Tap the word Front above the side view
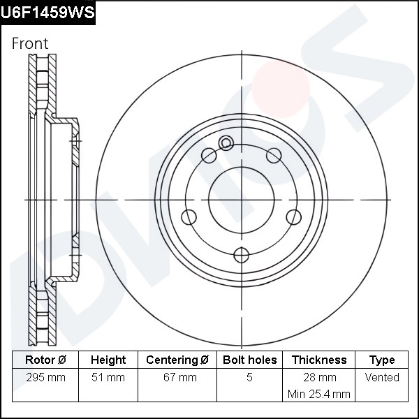click(30, 43)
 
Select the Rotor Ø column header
click(45, 360)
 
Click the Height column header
click(108, 360)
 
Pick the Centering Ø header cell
click(177, 360)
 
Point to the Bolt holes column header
click(249, 360)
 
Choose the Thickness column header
click(319, 360)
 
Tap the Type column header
click(382, 360)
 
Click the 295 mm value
click(45, 378)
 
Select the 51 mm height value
click(108, 378)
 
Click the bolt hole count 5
click(249, 378)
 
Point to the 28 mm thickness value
click(319, 378)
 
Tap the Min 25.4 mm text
click(319, 394)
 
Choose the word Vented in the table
click(382, 378)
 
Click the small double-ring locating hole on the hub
click(226, 144)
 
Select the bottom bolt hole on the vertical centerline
click(241, 254)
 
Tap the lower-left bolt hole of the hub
click(189, 216)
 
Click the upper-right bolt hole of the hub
click(273, 155)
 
